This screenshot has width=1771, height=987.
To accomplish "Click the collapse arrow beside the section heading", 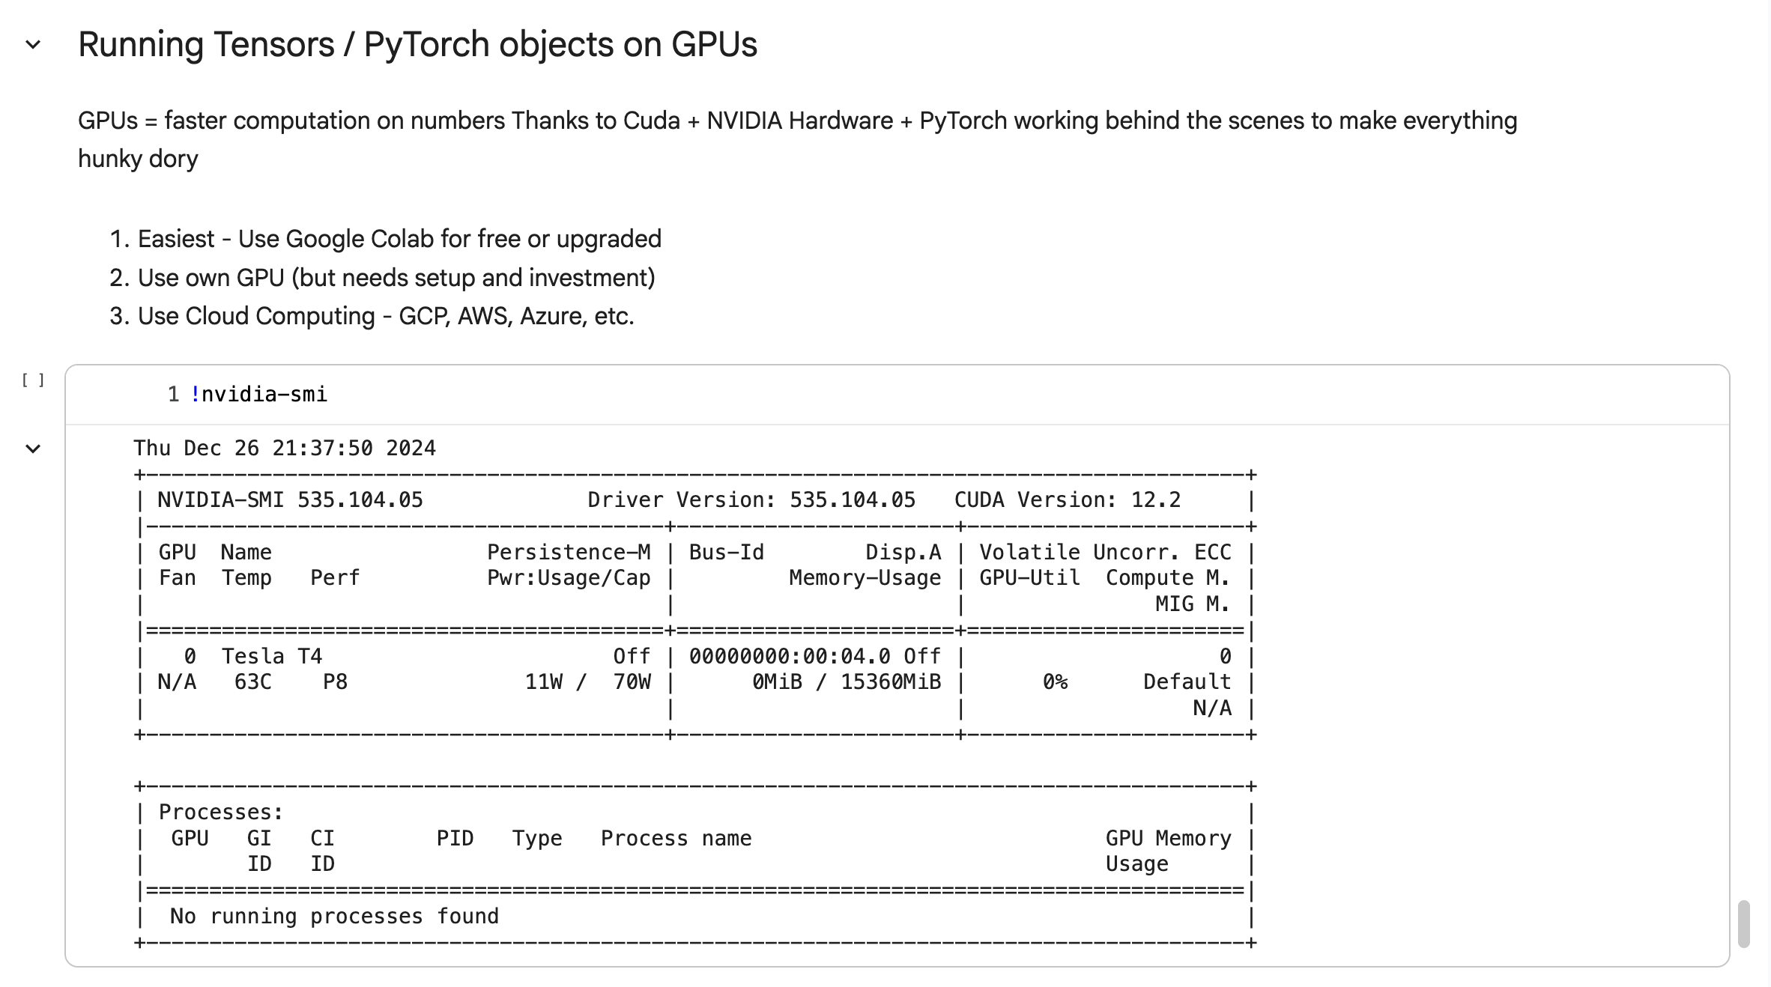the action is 33,45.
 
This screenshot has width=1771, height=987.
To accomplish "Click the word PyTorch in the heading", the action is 426,45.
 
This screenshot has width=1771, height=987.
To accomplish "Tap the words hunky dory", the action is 138,160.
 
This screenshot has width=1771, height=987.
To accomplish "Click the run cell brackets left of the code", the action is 33,380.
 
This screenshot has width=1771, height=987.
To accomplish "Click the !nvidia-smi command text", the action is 258,395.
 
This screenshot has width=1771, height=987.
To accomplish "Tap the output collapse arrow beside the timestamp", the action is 33,449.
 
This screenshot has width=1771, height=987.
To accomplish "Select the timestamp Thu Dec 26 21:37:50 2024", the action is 285,449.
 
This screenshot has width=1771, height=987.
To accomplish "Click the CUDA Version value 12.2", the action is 1156,500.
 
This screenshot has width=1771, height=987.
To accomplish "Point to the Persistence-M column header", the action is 569,553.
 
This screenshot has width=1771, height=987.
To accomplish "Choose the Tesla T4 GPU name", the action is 272,657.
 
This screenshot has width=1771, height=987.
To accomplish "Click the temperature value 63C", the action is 253,682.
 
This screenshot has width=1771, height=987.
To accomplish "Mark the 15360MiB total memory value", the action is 891,682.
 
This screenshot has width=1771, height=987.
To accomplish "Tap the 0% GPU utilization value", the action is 1056,682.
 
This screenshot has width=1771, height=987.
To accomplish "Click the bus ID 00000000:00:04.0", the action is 790,657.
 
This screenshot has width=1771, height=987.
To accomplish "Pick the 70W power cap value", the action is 632,682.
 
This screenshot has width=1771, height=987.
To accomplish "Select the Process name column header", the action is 676,839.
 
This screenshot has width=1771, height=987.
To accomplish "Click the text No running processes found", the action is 334,917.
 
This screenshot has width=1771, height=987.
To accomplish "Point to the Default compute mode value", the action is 1187,682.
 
